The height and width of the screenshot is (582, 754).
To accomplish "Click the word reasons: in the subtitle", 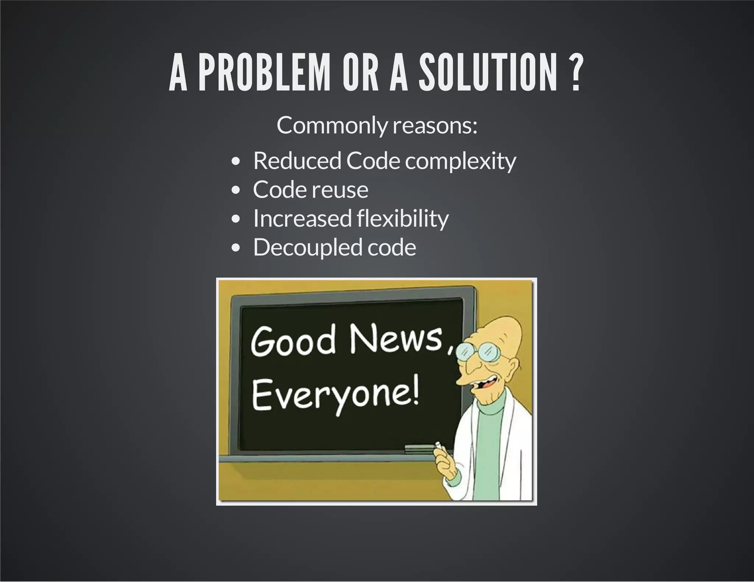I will (x=435, y=126).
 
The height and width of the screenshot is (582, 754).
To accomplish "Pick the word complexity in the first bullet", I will (x=461, y=161).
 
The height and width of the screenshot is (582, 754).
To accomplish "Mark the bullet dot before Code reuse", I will (x=236, y=190).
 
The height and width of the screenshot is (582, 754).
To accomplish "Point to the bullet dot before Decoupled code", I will (x=236, y=248).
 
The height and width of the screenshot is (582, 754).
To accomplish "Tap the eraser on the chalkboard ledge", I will (x=419, y=448).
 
